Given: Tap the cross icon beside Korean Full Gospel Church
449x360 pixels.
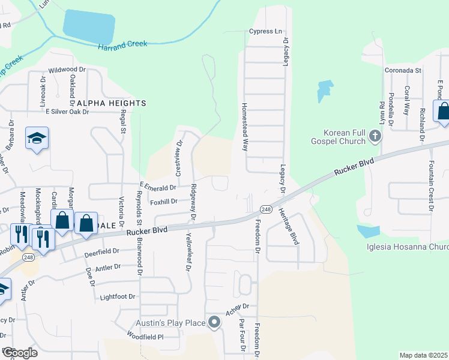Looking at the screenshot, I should click(x=375, y=136).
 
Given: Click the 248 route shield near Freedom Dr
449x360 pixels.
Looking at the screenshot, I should click(x=266, y=208).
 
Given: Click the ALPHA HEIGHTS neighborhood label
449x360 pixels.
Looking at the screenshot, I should click(x=111, y=103).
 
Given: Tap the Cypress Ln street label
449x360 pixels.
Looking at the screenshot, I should click(x=265, y=31).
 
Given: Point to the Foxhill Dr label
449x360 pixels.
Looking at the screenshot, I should click(x=163, y=202).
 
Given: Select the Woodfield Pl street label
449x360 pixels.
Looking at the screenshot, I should click(x=145, y=337).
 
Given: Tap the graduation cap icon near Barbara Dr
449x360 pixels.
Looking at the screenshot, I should click(x=37, y=139).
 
